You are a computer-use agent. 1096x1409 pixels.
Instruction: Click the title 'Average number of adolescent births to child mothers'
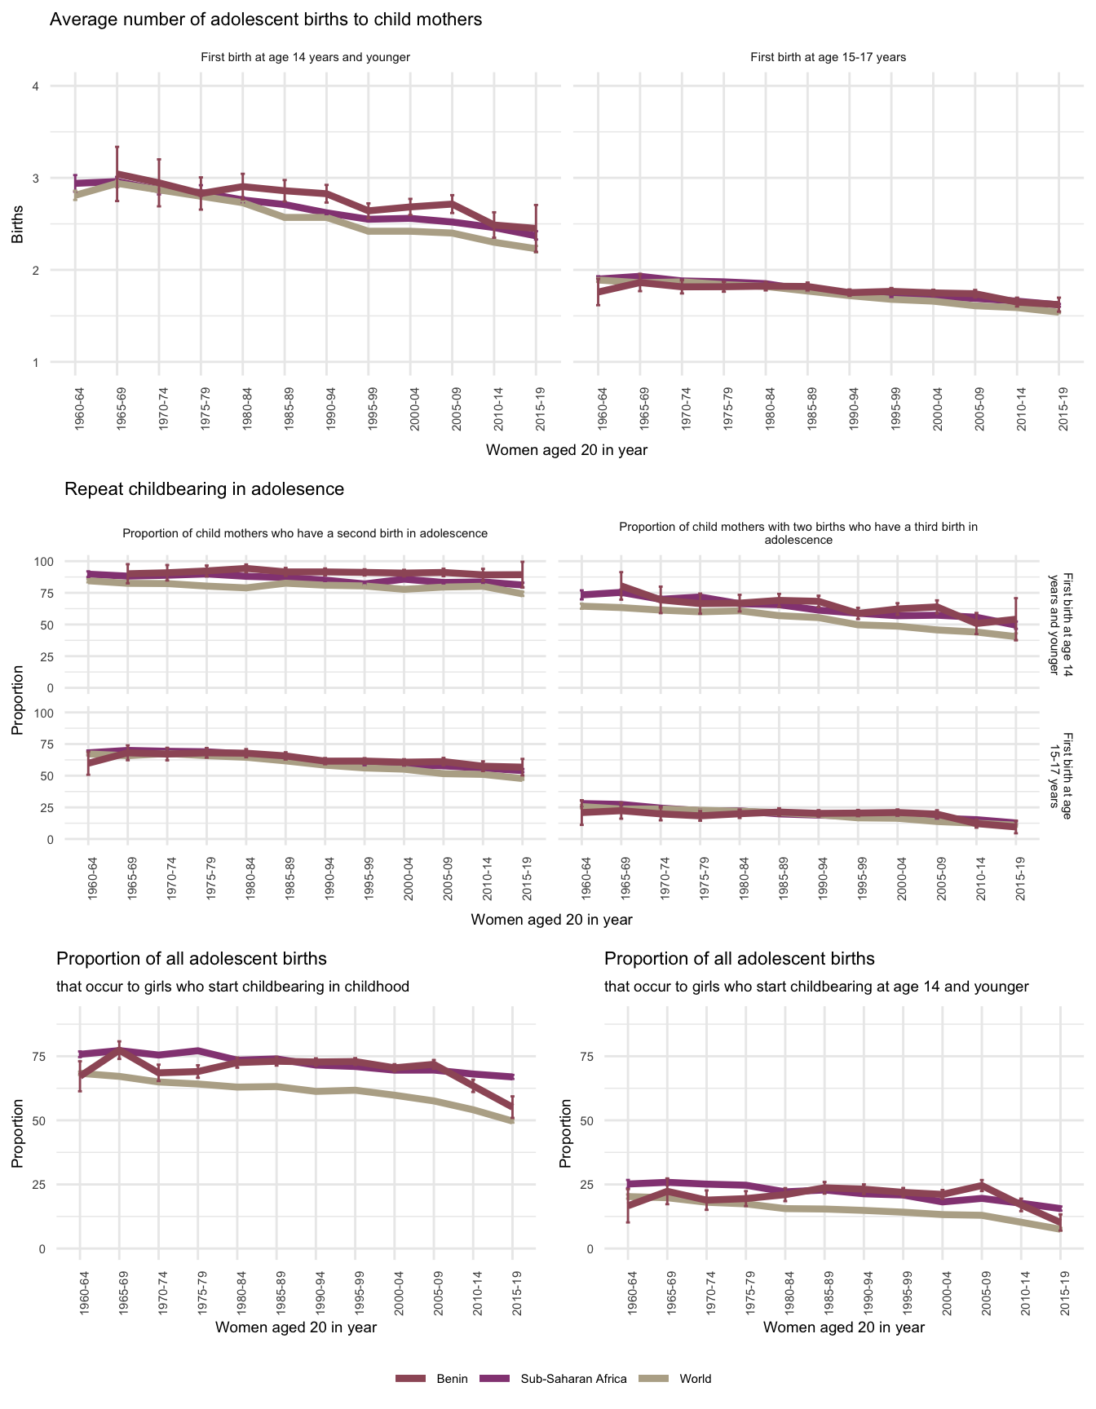[x=266, y=20]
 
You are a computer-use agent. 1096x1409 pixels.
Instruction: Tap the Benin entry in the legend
[x=451, y=1379]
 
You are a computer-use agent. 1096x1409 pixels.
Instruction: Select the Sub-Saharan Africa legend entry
[x=573, y=1379]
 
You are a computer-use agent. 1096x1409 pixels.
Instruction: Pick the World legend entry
[x=695, y=1379]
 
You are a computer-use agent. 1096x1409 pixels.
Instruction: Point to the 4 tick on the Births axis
[x=35, y=86]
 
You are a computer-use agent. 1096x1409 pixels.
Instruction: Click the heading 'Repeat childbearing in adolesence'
[x=204, y=489]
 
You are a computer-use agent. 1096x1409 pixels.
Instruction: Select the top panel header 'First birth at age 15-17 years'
[x=828, y=57]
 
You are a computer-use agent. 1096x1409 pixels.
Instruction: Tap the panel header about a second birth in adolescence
[x=305, y=533]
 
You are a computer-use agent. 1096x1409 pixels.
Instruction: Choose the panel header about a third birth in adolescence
[x=798, y=533]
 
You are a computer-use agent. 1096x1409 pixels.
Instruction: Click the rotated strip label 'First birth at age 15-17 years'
[x=1060, y=770]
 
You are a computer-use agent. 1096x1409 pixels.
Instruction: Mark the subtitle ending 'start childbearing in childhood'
[x=232, y=987]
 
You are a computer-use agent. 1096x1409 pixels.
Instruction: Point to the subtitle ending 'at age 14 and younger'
[x=816, y=987]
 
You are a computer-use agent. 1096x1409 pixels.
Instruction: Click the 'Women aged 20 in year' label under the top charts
[x=566, y=450]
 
